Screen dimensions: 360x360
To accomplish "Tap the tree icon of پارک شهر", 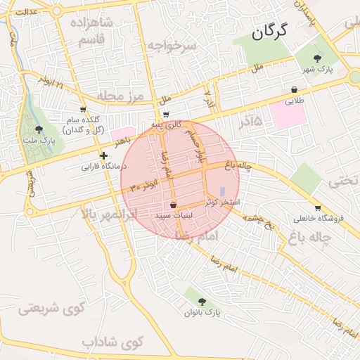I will click(x=319, y=58).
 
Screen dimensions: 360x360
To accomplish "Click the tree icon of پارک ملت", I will click(x=38, y=129).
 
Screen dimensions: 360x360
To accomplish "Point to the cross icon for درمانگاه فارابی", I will click(x=103, y=155).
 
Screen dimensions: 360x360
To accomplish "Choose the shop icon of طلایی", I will click(x=294, y=90).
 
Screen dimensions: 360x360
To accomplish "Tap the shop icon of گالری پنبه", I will click(x=166, y=115).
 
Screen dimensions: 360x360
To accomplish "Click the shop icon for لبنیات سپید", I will click(x=173, y=205).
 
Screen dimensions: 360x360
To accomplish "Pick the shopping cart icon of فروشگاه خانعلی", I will click(x=318, y=207).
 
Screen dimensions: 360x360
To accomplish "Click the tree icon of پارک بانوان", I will click(x=202, y=301).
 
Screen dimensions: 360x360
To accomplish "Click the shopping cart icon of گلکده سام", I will click(x=84, y=110).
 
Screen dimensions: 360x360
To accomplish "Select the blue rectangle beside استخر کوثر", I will click(x=224, y=191).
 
